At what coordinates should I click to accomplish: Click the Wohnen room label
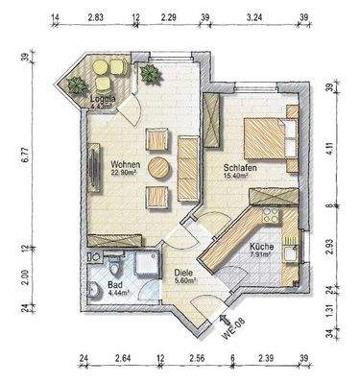[x=127, y=163]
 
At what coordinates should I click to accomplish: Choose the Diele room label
[x=183, y=272]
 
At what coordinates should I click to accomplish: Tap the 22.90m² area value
[x=127, y=173]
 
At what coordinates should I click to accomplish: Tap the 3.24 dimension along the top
[x=256, y=16]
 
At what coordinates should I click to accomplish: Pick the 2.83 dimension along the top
[x=96, y=16]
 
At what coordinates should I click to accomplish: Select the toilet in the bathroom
[x=93, y=291]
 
